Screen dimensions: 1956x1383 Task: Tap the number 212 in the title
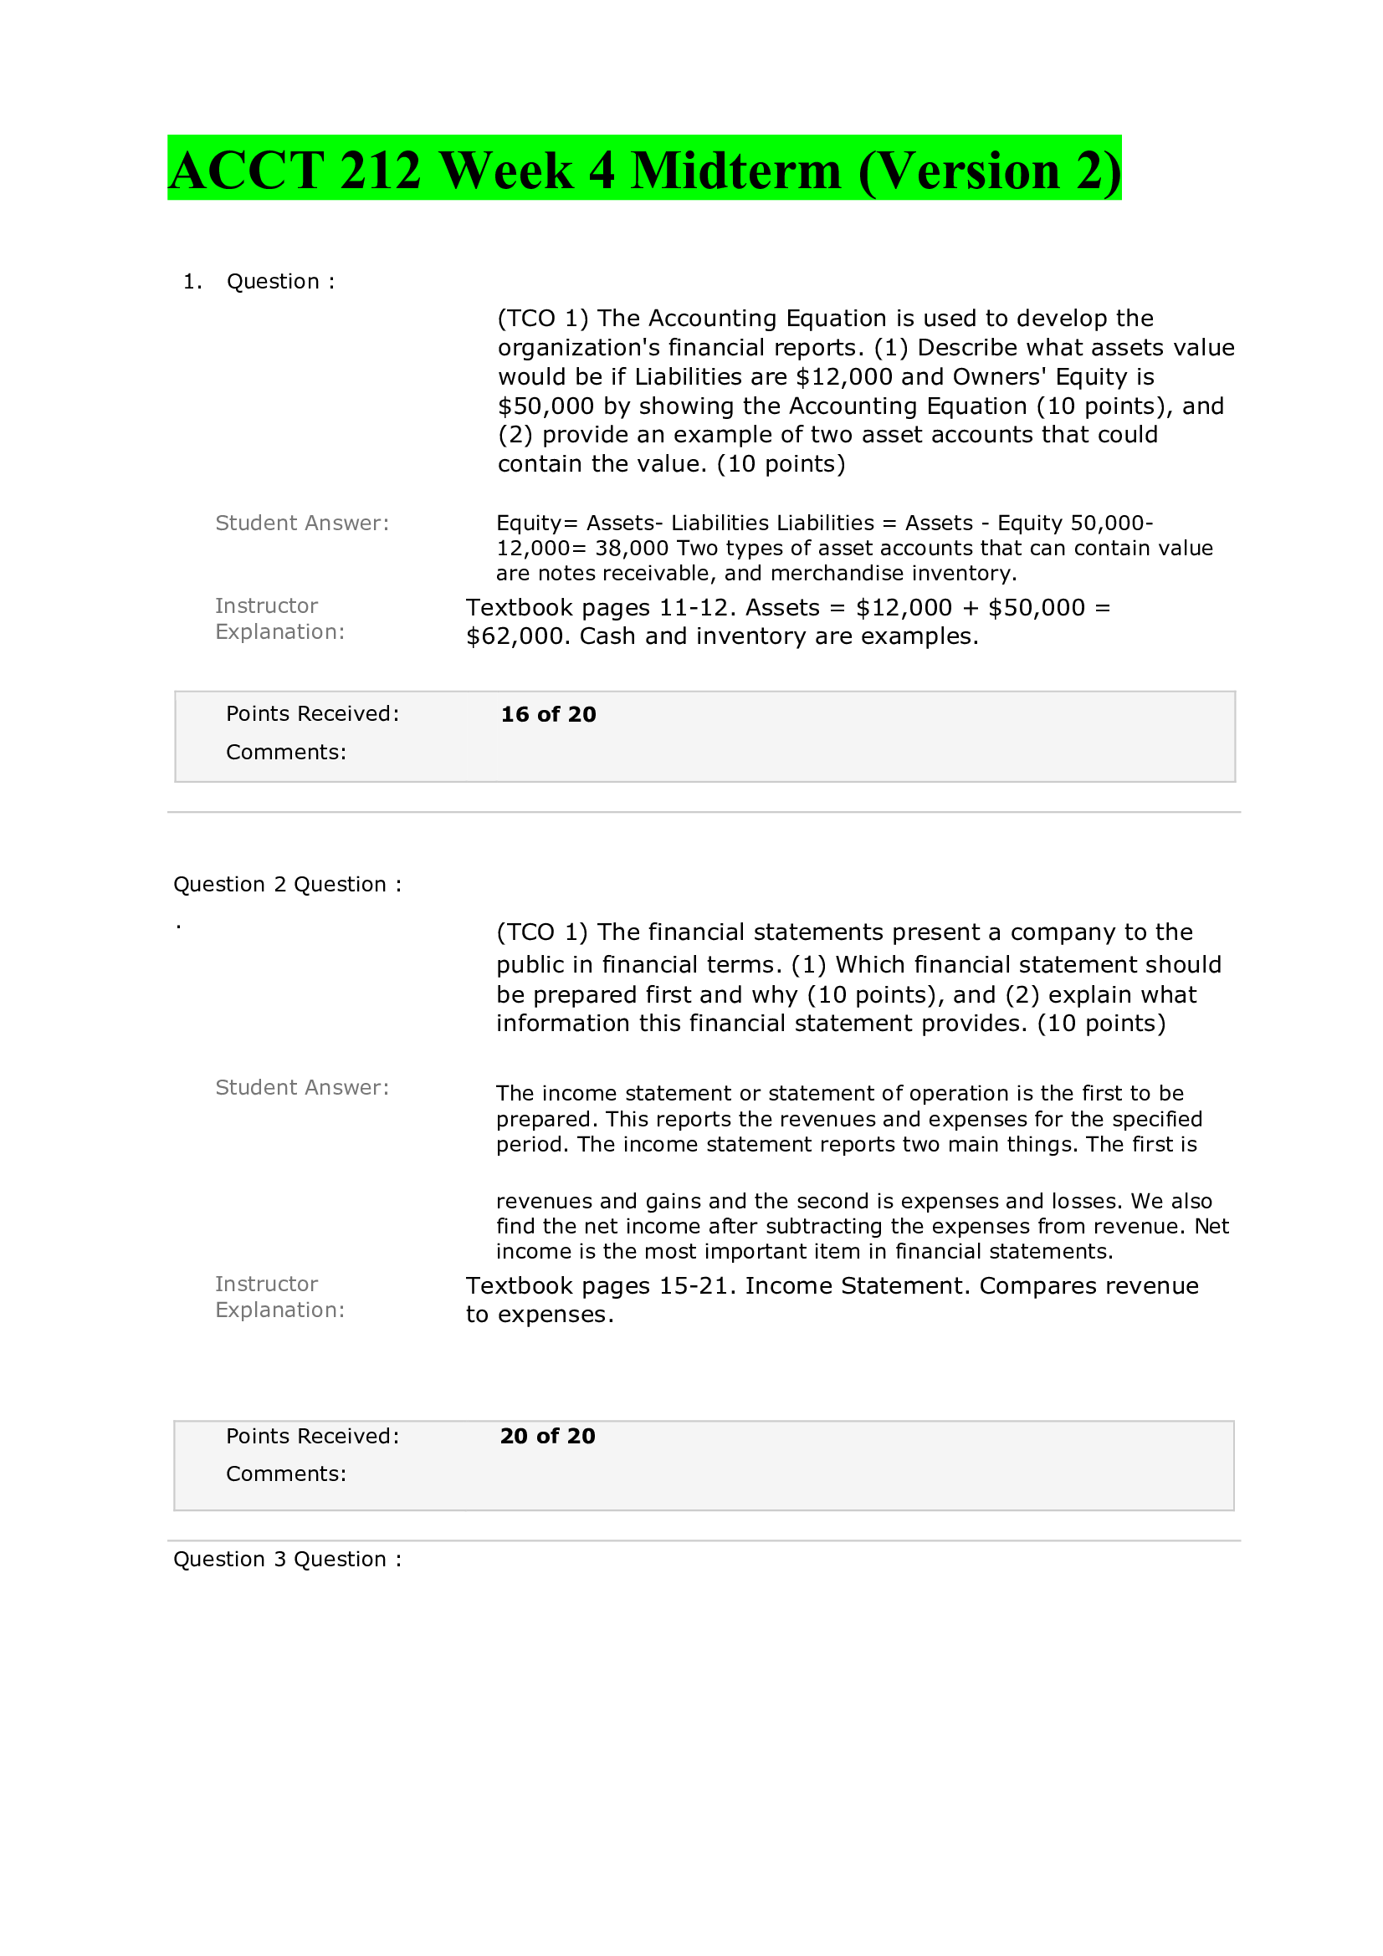(380, 171)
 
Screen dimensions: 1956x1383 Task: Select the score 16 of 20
(548, 714)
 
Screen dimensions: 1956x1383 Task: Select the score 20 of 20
(547, 1436)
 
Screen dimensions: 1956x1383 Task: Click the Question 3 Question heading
(287, 1559)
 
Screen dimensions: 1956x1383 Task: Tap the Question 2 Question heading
(287, 884)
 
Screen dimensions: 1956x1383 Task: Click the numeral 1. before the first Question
(192, 281)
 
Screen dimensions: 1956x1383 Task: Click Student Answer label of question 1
(302, 523)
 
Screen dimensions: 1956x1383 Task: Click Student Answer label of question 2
(302, 1087)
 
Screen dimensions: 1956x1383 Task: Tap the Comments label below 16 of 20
(285, 753)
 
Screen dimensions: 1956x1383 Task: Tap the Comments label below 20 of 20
(285, 1473)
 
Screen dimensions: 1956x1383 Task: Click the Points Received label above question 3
(312, 1436)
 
